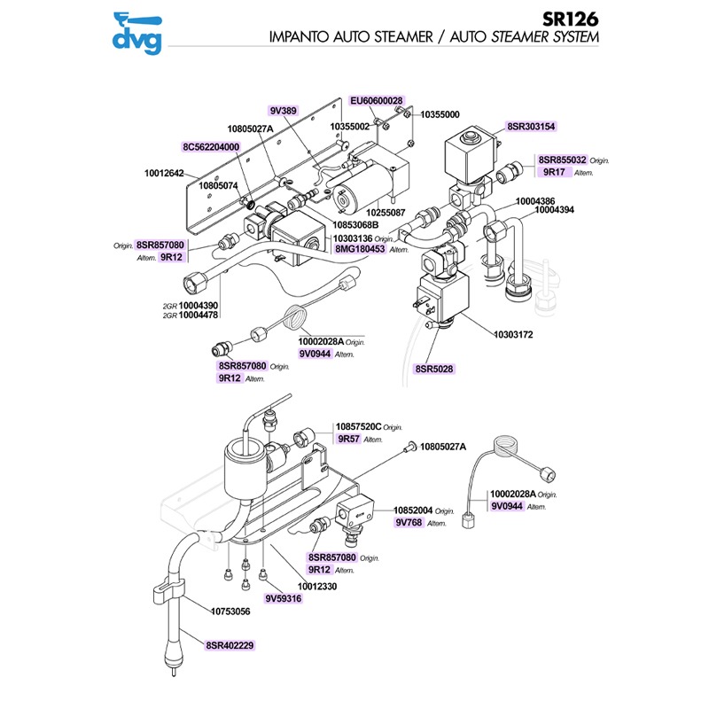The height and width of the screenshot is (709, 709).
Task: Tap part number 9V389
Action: (x=283, y=111)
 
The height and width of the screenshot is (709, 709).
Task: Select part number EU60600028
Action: (x=376, y=102)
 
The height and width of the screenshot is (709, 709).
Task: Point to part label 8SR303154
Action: (x=531, y=127)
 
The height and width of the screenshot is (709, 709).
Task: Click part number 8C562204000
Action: (x=211, y=147)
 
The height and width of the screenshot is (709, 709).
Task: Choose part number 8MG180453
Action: (x=359, y=250)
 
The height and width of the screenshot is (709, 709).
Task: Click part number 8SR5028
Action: (x=433, y=368)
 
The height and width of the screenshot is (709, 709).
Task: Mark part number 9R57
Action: (x=347, y=439)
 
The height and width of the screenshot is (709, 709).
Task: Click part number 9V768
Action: (x=409, y=523)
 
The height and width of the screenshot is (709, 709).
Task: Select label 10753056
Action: (x=230, y=612)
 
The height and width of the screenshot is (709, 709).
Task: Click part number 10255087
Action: (x=384, y=213)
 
